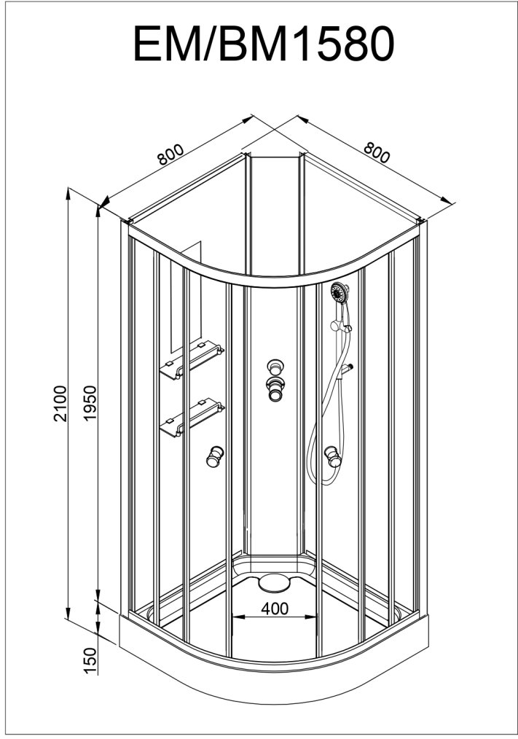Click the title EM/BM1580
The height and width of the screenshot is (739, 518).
pos(263,44)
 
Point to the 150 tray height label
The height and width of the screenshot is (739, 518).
pos(90,660)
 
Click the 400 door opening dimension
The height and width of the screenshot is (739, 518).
pos(274,607)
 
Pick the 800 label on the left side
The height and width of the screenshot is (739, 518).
pos(169,155)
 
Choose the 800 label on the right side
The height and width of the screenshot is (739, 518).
pos(377,153)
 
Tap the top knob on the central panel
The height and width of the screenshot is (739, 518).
pos(275,367)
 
